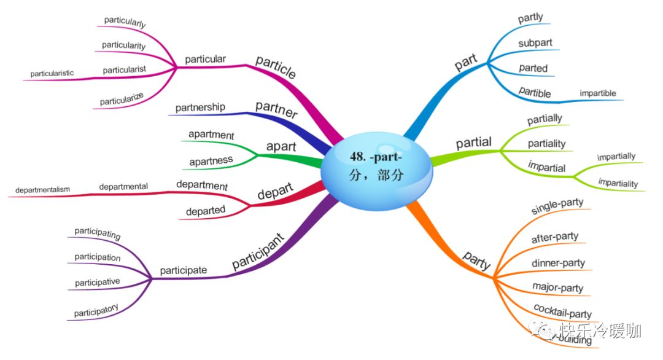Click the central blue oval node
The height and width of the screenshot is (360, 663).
(376, 166)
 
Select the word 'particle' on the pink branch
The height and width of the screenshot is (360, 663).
(276, 66)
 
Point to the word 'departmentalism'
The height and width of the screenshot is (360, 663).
(42, 189)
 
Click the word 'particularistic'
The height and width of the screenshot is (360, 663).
(52, 73)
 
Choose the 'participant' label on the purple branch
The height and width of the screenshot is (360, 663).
(258, 251)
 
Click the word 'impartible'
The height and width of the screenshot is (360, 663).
(598, 93)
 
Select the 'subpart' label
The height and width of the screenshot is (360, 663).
(535, 43)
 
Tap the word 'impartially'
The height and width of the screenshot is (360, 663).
(616, 157)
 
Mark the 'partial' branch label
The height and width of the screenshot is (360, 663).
(473, 143)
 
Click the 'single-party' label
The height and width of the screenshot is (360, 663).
(557, 206)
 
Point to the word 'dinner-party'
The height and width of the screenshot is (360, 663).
(558, 263)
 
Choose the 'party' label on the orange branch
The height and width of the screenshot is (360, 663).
(477, 260)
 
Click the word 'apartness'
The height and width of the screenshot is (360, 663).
(211, 160)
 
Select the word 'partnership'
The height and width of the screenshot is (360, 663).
(200, 108)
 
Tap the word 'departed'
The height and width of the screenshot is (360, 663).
(206, 210)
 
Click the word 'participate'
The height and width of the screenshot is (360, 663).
(183, 270)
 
